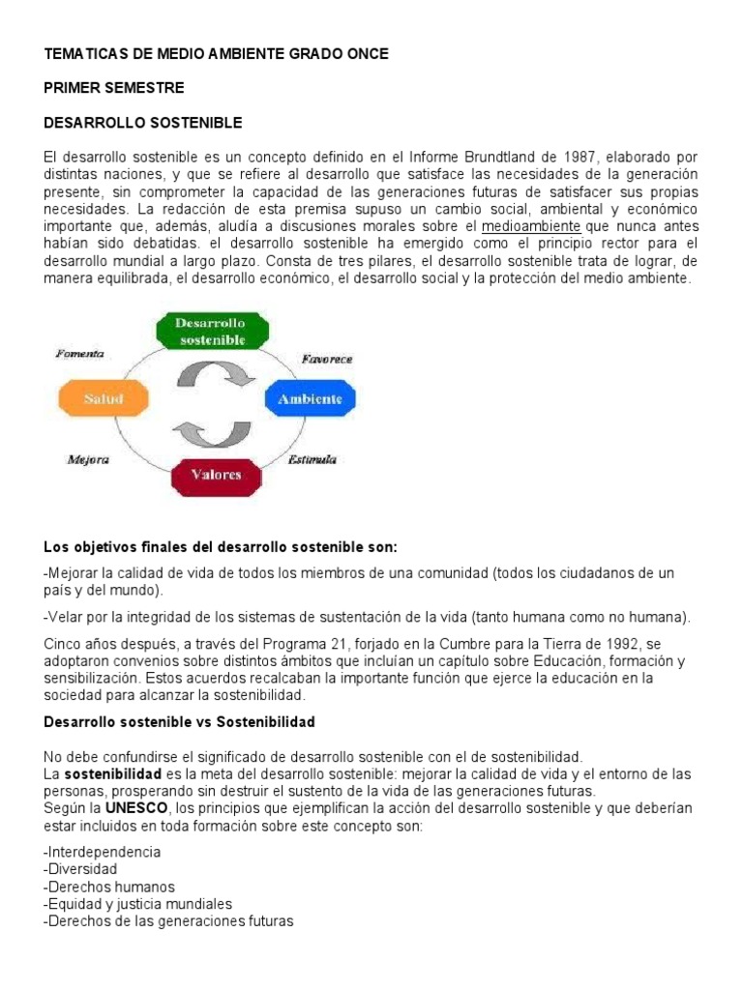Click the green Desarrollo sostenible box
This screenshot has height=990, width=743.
coord(210,331)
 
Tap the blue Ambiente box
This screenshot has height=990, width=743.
coord(310,398)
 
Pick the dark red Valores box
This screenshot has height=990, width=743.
coord(217,476)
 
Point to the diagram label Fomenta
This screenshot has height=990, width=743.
coord(80,354)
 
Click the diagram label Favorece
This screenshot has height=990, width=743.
coord(327,359)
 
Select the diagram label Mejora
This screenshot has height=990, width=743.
coord(87,459)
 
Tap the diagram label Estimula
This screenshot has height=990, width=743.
coord(312,459)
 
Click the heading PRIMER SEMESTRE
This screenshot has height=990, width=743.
coord(114,88)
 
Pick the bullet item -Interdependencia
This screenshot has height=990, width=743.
coord(103,852)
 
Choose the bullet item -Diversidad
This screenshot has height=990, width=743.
coord(80,869)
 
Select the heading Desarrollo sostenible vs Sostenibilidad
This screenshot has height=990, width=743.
coord(180,722)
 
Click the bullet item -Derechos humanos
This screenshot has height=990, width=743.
coord(109,887)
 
